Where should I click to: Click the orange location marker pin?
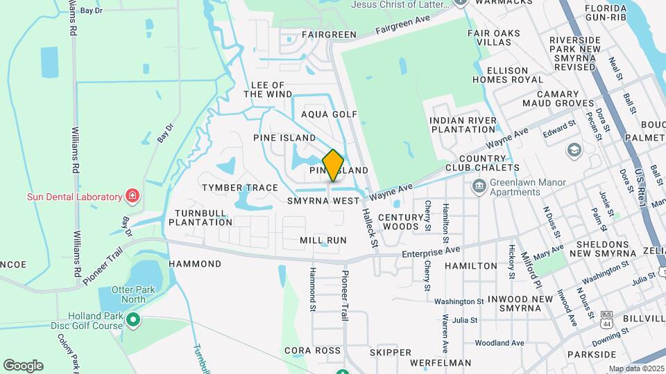pyautogui.click(x=334, y=165)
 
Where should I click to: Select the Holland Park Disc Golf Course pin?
pyautogui.click(x=133, y=320)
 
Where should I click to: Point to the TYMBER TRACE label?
pyautogui.click(x=239, y=188)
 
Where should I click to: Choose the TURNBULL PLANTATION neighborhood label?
pyautogui.click(x=203, y=217)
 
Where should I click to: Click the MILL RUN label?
pyautogui.click(x=323, y=240)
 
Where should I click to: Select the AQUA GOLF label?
pyautogui.click(x=329, y=114)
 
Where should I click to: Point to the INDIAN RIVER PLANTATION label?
pyautogui.click(x=463, y=125)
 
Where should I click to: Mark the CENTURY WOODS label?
pyautogui.click(x=402, y=222)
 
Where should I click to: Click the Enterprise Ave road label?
pyautogui.click(x=432, y=252)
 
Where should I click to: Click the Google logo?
pyautogui.click(x=23, y=365)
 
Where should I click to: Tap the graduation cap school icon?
pyautogui.click(x=574, y=150)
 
